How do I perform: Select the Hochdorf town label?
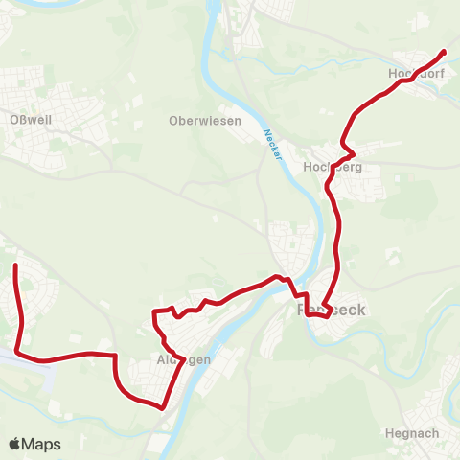point(413,73)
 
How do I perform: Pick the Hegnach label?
point(411,433)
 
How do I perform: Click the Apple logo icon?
point(14,444)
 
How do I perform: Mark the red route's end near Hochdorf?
point(444,51)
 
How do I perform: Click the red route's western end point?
point(16,264)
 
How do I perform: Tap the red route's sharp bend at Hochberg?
point(353,152)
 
